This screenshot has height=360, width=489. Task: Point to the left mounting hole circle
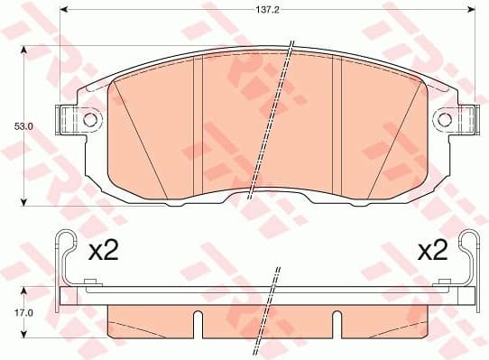pos(88,119)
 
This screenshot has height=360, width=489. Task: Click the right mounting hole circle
pos(445,119)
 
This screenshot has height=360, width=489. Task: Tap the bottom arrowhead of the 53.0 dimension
pos(23,202)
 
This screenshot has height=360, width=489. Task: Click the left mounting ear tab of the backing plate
pos(69,119)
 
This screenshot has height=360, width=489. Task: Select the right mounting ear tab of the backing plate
pos(464,119)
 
